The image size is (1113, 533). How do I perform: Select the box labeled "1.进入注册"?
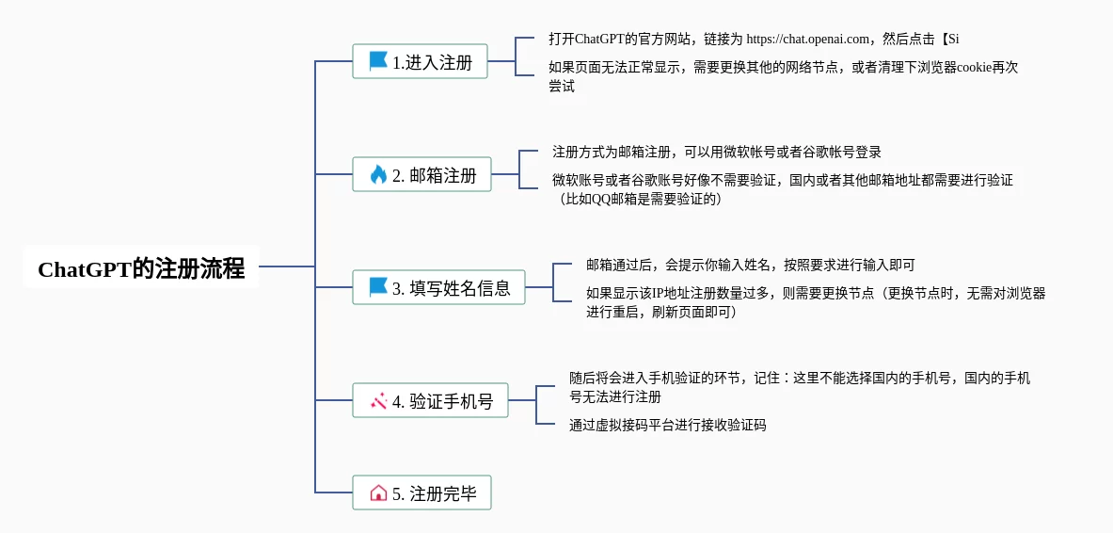point(421,61)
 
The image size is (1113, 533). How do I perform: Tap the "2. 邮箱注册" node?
point(421,174)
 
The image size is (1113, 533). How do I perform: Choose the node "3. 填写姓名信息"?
point(438,287)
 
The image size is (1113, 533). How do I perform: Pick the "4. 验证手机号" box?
point(430,400)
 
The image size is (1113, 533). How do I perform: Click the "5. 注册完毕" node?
point(421,493)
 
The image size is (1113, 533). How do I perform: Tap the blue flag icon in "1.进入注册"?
point(378,61)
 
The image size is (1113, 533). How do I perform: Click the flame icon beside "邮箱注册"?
point(378,174)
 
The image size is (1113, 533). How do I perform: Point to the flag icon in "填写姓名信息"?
point(378,287)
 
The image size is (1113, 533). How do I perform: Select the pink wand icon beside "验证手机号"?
point(378,401)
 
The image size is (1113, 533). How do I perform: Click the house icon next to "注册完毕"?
point(378,493)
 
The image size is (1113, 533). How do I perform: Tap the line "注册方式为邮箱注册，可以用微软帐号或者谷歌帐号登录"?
point(716,152)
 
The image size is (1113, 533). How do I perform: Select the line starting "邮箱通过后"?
point(750,265)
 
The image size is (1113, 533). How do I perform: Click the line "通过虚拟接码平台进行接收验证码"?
point(667,426)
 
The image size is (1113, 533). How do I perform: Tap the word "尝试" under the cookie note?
point(562,87)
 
